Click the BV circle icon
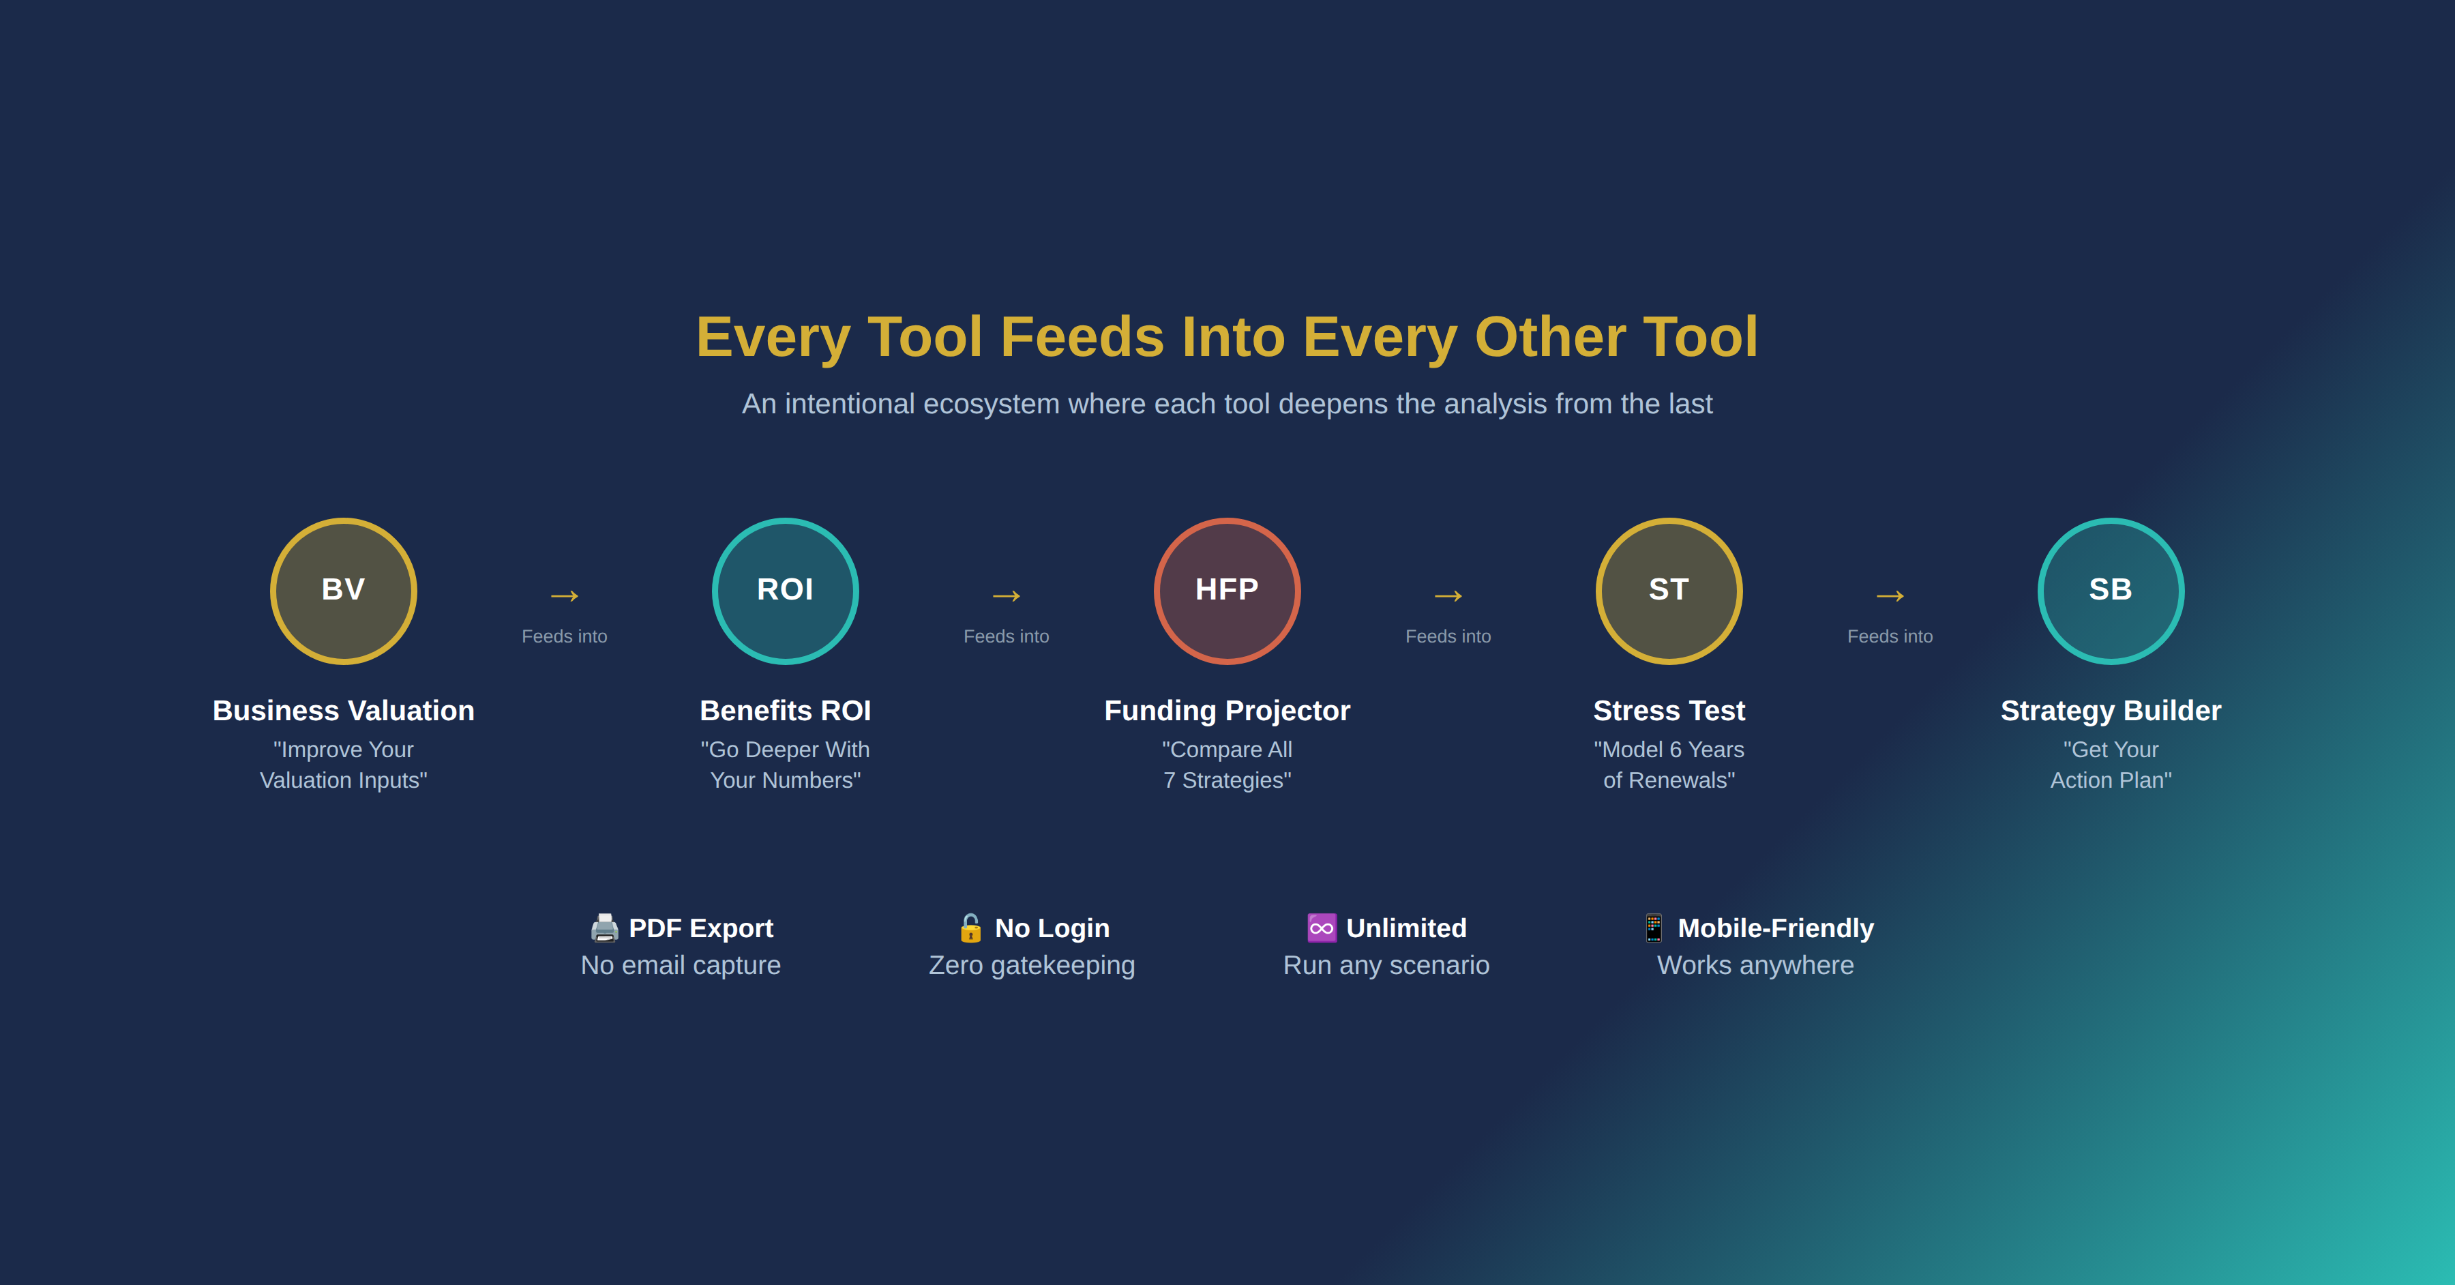click(343, 591)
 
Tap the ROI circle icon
click(786, 591)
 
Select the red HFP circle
click(1227, 591)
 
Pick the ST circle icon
click(1669, 591)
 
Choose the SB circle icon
click(2111, 591)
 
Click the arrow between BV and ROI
click(564, 597)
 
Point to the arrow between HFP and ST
click(1448, 597)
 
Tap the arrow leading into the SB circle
click(1890, 597)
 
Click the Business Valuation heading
click(343, 711)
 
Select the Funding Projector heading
click(1227, 711)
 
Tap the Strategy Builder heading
click(2111, 711)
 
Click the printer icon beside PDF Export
click(604, 928)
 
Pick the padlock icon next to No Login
click(970, 928)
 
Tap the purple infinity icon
click(1322, 928)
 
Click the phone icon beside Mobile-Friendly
click(1654, 928)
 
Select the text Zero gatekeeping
click(1032, 966)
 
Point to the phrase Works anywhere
click(1755, 966)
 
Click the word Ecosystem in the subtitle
click(991, 404)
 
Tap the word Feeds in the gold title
click(1083, 338)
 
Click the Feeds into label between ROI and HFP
click(1007, 637)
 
